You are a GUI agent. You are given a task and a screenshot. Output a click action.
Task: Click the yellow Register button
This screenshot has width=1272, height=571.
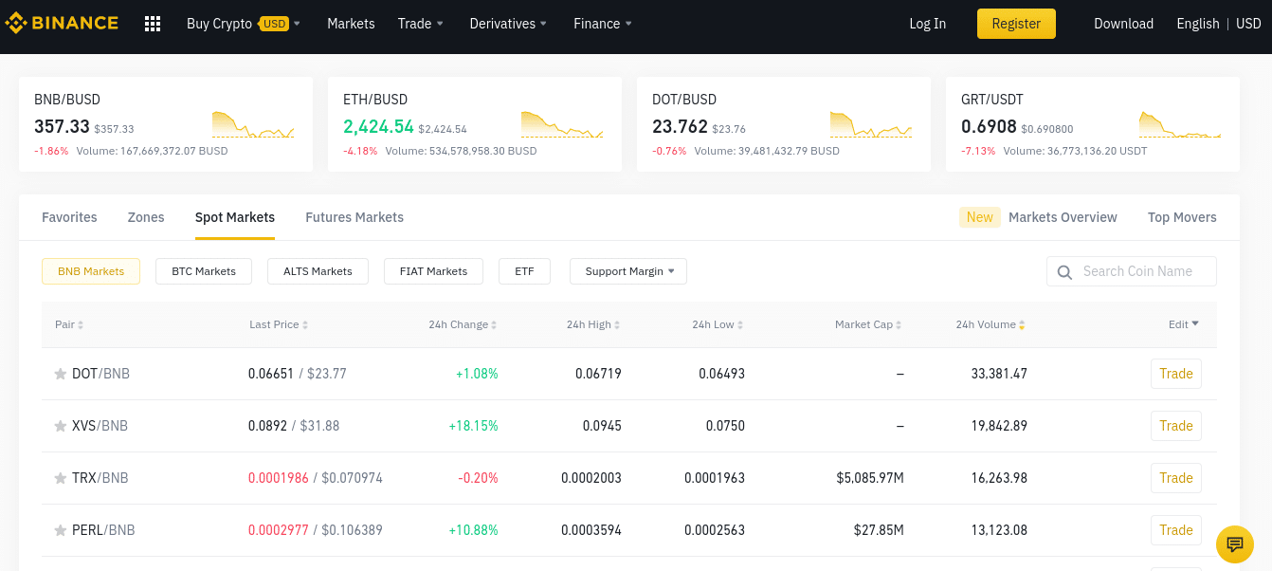(1016, 24)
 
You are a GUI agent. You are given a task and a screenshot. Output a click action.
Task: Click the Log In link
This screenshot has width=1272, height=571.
(927, 24)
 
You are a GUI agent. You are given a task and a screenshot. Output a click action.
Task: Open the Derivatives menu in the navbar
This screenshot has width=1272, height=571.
(508, 24)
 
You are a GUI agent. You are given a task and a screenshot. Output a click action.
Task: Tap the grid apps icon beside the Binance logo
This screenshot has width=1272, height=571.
(153, 24)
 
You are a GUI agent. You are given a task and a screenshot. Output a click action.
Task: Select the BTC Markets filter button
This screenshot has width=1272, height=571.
(204, 271)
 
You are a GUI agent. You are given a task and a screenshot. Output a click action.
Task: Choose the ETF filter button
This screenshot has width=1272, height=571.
(524, 271)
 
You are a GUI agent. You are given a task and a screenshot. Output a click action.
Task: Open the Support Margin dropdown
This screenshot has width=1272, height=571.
(628, 271)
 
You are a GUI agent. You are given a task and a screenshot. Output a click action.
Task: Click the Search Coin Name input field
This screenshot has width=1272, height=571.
(1137, 271)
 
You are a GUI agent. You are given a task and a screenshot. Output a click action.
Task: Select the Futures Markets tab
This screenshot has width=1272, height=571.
(354, 217)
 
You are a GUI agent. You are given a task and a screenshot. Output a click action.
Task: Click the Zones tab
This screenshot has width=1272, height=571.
(146, 217)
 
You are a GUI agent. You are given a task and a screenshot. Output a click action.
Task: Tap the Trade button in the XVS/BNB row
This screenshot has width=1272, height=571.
(1175, 426)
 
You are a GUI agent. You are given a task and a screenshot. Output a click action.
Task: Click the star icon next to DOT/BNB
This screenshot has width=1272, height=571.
(61, 375)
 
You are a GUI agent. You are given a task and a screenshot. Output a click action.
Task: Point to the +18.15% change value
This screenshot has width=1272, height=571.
(473, 426)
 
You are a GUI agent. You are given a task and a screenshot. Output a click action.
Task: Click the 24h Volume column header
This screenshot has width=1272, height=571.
(986, 324)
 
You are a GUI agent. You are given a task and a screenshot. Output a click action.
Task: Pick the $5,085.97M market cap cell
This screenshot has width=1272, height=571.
(869, 478)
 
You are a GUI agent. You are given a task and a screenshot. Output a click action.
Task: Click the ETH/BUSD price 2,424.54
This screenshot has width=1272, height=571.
(378, 127)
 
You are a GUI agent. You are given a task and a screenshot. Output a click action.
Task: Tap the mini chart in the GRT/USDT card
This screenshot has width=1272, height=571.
(1180, 125)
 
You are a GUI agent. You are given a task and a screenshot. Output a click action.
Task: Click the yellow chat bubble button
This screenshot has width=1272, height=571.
(1234, 544)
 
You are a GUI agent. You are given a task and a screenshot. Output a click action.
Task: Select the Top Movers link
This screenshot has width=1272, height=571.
(1182, 217)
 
